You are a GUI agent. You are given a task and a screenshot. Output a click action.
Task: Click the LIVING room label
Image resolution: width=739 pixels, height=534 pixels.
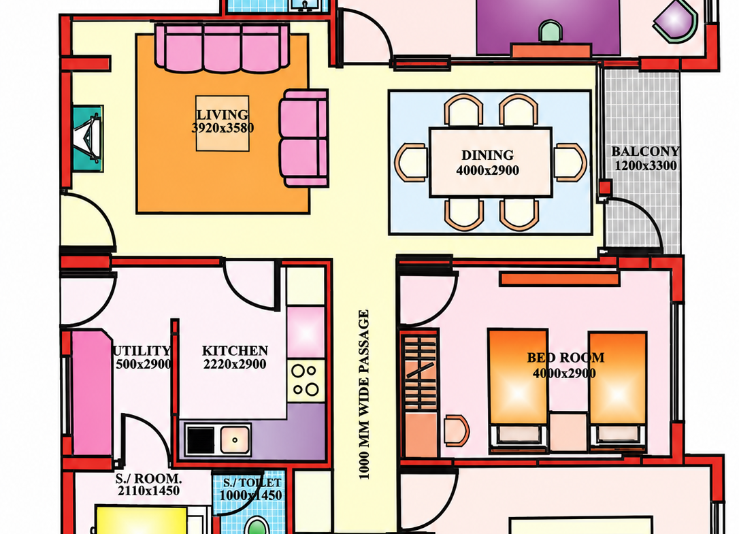[223, 114]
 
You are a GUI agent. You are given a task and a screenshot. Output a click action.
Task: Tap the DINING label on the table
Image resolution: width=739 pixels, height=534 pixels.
[487, 155]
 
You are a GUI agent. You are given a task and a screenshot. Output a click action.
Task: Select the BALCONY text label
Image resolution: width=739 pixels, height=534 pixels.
[646, 151]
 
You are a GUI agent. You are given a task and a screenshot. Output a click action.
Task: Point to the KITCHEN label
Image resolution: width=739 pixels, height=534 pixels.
[235, 350]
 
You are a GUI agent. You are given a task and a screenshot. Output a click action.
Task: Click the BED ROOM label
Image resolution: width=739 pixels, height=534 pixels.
[565, 358]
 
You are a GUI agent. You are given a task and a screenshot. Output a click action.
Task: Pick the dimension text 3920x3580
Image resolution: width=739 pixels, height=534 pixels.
[223, 128]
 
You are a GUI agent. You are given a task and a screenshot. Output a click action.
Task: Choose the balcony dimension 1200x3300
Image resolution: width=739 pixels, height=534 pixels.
[646, 165]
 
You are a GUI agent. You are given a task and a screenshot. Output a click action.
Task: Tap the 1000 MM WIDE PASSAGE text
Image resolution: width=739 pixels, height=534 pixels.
[364, 395]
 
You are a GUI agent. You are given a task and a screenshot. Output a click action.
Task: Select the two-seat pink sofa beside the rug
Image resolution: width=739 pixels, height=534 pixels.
[303, 138]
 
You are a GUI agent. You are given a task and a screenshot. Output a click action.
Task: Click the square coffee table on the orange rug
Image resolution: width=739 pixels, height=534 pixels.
[223, 124]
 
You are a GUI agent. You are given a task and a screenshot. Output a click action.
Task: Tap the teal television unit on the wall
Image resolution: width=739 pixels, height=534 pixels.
[88, 138]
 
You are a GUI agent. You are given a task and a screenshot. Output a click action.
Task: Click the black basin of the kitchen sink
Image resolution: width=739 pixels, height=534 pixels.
[201, 439]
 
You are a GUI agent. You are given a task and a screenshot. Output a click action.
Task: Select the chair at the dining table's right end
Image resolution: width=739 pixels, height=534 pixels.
[570, 162]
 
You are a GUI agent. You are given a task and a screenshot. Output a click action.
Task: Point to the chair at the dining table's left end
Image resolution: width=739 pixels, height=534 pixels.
[412, 162]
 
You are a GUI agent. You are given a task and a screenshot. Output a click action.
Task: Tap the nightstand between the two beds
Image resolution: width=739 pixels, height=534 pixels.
[568, 432]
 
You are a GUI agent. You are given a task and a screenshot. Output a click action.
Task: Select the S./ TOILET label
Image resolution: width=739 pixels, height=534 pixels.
[252, 483]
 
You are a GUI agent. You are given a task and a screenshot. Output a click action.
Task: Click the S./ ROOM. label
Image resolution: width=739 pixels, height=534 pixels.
[148, 478]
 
